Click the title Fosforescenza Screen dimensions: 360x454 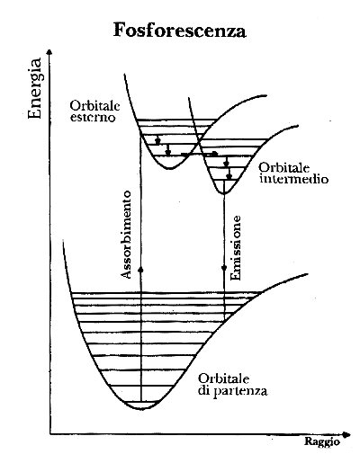[x=180, y=31]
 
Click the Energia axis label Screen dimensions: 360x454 [x=34, y=89]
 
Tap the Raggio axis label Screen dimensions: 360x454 [x=322, y=442]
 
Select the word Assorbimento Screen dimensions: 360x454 [x=126, y=235]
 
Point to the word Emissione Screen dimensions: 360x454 [x=236, y=248]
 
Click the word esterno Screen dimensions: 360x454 [x=93, y=117]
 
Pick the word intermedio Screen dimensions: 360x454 [x=294, y=179]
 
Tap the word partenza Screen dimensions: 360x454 [x=240, y=391]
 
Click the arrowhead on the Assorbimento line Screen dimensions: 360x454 [x=140, y=271]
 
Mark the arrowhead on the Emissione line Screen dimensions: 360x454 [x=224, y=268]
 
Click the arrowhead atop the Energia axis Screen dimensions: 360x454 [x=50, y=53]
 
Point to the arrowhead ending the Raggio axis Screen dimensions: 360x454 [x=346, y=434]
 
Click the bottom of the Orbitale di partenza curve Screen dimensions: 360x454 [x=142, y=409]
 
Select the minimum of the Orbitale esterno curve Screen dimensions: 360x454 [x=170, y=169]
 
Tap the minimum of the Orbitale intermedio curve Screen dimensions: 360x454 [x=224, y=193]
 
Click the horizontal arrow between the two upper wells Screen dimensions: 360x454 [x=199, y=154]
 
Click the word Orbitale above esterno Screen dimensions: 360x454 [x=94, y=105]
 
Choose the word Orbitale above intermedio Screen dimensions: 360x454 [x=284, y=167]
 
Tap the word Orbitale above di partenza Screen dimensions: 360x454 [x=223, y=378]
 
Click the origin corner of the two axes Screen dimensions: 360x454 [x=50, y=433]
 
